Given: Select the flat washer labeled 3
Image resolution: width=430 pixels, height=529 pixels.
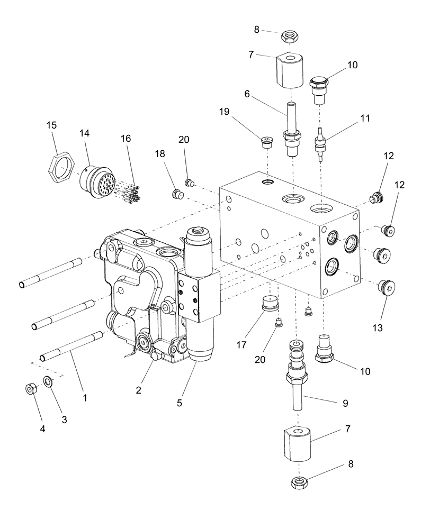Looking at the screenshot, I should [x=48, y=381].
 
